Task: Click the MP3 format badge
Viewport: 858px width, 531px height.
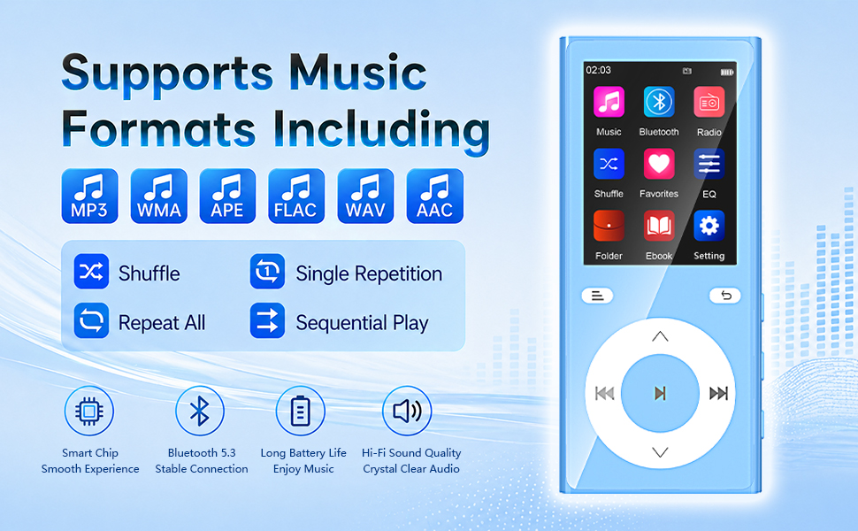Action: [x=89, y=196]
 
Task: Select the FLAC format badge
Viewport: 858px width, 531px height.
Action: [x=296, y=196]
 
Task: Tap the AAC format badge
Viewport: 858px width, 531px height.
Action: [x=435, y=196]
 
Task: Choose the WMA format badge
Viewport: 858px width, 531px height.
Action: [x=158, y=196]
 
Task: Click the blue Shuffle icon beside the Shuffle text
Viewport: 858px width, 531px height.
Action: [x=91, y=271]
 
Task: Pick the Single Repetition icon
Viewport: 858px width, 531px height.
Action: [x=268, y=271]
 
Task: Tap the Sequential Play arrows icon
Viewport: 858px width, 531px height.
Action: [x=268, y=320]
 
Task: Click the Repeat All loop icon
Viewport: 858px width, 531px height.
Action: [x=91, y=320]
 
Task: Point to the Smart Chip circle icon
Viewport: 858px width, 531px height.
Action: [x=89, y=411]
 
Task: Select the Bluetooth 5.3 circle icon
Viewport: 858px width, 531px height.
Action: [x=200, y=411]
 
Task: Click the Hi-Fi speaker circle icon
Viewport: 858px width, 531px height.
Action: [x=407, y=411]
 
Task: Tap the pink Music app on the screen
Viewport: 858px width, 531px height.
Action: [x=609, y=102]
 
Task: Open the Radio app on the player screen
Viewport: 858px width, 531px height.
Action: [x=709, y=102]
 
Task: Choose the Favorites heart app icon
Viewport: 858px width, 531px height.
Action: [x=659, y=164]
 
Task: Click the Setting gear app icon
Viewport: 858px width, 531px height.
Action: [x=709, y=226]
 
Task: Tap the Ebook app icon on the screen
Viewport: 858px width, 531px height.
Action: [x=659, y=226]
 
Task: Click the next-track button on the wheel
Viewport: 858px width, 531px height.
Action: [x=718, y=393]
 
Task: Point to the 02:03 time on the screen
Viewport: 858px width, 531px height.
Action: [x=598, y=70]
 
